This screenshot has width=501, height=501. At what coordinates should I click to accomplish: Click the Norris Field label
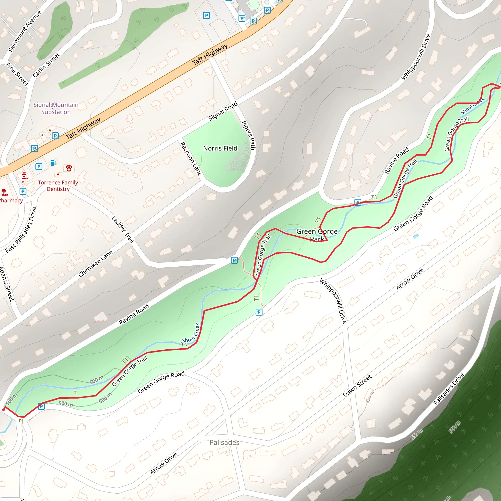tap(220, 148)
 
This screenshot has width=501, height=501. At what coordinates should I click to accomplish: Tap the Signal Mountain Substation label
tap(56, 108)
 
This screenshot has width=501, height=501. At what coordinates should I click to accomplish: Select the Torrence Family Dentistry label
tap(58, 186)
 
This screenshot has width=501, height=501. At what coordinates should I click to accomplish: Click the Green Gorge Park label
tap(317, 235)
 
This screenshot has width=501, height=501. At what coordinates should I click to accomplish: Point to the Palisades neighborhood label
tap(224, 442)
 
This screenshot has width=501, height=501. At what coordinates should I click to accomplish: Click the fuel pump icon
tap(53, 163)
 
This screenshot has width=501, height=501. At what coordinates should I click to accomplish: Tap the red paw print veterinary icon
tap(69, 168)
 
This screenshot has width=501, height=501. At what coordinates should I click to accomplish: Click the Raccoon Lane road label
tap(191, 159)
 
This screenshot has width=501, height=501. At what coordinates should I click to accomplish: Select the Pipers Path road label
tap(249, 135)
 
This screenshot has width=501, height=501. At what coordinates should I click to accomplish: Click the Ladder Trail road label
tap(123, 229)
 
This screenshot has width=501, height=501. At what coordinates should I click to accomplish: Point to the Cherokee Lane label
tap(95, 263)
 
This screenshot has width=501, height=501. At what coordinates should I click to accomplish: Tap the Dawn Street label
tap(357, 386)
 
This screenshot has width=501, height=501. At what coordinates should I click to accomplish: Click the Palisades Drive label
tap(449, 389)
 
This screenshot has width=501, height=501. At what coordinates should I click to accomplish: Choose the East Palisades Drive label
tap(21, 230)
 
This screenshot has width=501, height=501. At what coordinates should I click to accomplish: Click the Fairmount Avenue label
tap(25, 31)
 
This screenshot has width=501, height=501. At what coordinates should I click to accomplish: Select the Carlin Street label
tap(46, 65)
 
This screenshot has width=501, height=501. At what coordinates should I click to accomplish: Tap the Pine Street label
tap(17, 74)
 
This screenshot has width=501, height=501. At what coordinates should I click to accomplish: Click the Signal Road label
tap(223, 111)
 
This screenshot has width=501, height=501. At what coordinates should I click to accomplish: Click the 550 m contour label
tap(417, 434)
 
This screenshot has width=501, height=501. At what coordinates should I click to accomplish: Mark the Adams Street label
tap(7, 284)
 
